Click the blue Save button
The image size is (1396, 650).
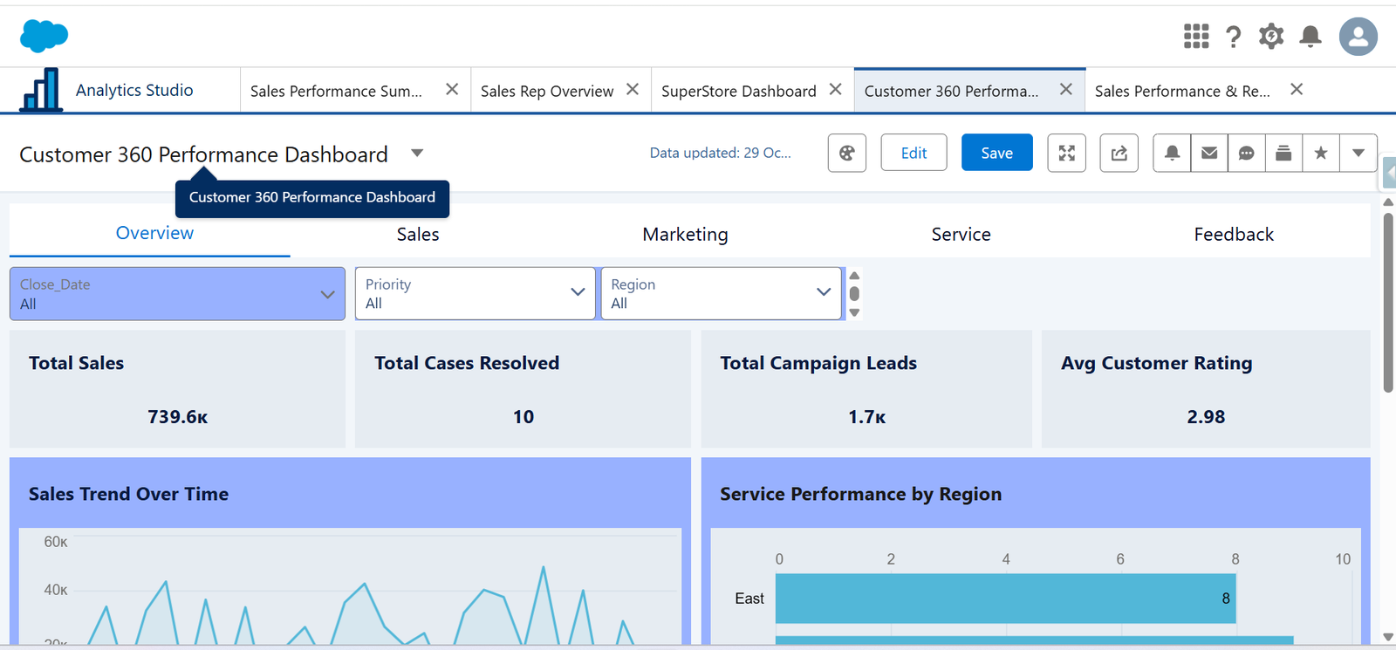pos(996,153)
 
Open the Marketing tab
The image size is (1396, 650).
pos(685,234)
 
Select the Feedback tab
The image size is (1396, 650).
pos(1233,234)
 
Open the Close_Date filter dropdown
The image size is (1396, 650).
pos(177,294)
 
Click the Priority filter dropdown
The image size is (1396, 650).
pos(475,294)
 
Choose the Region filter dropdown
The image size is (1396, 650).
pos(721,294)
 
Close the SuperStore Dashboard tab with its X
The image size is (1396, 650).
pos(835,90)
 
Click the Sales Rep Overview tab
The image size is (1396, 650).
pos(547,91)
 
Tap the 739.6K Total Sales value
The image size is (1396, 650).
pos(177,417)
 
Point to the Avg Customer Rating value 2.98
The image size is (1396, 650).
pos(1205,417)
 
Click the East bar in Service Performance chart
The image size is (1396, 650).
pos(1004,599)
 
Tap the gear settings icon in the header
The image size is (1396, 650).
pos(1270,37)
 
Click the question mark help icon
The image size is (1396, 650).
pos(1233,37)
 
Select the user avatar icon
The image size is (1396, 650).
pos(1358,37)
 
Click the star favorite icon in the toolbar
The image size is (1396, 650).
pos(1320,153)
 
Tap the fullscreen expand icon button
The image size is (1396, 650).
pos(1066,153)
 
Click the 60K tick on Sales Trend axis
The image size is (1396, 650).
pos(56,542)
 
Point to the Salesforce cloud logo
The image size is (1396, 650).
pos(44,36)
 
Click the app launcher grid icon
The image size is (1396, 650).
pos(1195,37)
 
